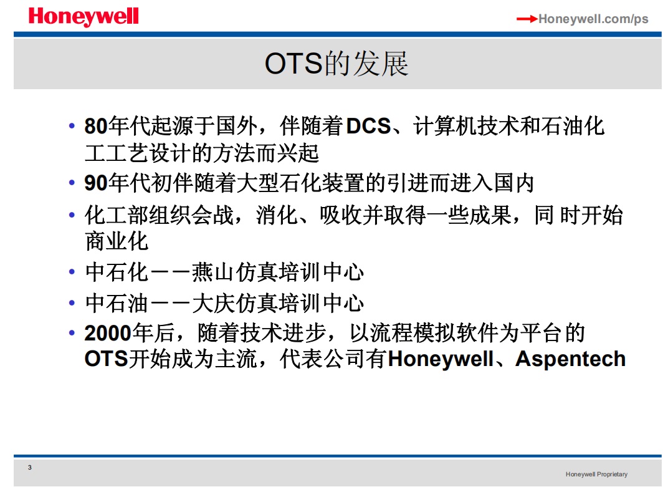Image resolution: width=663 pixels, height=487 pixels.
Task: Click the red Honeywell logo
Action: tap(83, 17)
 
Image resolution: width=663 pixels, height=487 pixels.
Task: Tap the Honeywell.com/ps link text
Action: tap(593, 19)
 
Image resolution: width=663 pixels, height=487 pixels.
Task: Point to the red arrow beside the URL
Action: tap(527, 19)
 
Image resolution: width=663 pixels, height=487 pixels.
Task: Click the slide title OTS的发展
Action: tap(336, 64)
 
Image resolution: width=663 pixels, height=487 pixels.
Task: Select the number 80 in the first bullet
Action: tap(96, 126)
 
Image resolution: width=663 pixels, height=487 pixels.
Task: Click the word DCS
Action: tap(368, 126)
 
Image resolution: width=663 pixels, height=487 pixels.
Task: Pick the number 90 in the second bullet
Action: tap(96, 183)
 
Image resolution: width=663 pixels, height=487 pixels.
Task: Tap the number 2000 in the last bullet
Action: tap(108, 333)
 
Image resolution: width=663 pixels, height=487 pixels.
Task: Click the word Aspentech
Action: tap(570, 359)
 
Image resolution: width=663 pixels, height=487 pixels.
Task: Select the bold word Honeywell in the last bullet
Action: tap(441, 359)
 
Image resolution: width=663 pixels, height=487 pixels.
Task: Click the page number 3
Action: tap(30, 468)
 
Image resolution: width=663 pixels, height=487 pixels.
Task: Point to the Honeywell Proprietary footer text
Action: tap(596, 475)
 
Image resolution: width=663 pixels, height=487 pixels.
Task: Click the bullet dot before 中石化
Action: tap(72, 272)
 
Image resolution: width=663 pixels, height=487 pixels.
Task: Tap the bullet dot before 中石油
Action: tap(72, 303)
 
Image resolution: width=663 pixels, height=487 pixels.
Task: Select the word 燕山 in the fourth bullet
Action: tap(213, 272)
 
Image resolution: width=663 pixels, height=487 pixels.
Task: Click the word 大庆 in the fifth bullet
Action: tap(213, 304)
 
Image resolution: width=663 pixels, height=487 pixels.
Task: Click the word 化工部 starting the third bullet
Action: tap(117, 215)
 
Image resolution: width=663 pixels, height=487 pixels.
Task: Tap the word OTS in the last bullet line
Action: tap(106, 359)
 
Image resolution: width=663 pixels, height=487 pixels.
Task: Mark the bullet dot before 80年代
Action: tap(72, 126)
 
